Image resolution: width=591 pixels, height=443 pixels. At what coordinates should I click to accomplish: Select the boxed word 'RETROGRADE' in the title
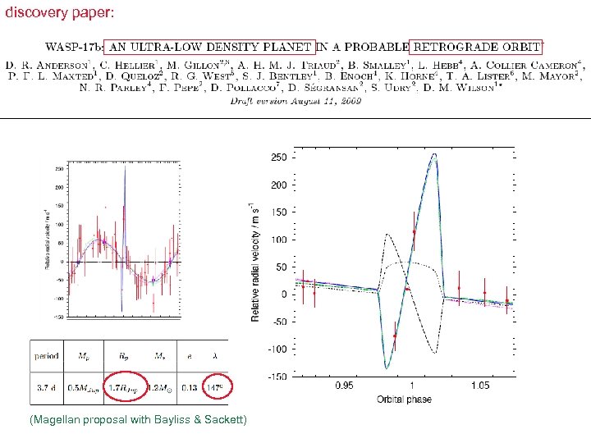450,48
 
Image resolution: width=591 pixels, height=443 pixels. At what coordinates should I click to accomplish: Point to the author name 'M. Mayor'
556,75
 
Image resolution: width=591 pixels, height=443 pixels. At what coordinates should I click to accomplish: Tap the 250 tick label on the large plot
279,158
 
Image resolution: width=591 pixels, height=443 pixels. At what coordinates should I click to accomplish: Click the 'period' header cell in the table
46,356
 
